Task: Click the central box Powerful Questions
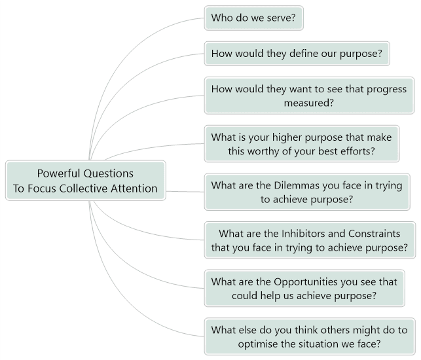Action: click(86, 181)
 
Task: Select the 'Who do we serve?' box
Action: click(254, 18)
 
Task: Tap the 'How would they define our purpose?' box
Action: click(297, 54)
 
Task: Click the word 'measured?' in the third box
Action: click(309, 103)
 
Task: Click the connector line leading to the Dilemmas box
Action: click(185, 192)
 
